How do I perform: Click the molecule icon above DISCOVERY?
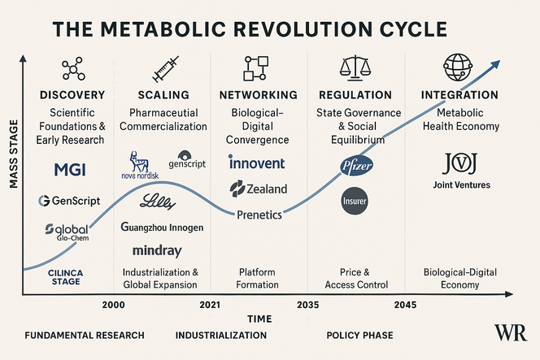point(73,69)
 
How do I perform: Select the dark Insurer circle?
point(355,201)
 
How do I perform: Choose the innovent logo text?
point(257,163)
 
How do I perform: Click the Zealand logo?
point(259,189)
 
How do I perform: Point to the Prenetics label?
point(259,215)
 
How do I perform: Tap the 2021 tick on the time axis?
point(210,304)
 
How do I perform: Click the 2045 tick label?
point(404,304)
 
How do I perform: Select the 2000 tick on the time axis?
point(113,304)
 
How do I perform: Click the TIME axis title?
point(259,319)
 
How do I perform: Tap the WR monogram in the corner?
point(510,333)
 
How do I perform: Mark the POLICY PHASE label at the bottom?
point(359,335)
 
